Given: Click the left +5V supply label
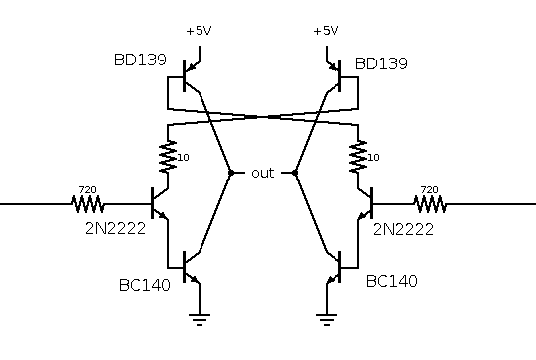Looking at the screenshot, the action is pos(199,31).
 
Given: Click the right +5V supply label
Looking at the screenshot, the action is pos(326,31).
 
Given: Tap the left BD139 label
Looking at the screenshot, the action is pos(140,60).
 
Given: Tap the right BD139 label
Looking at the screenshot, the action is pos(381,63).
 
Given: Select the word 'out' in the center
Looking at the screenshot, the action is pos(262,173).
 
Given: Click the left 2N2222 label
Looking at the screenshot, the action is pos(115,228).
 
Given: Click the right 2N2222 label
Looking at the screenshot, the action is pos(403,229).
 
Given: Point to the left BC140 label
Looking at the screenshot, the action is pos(145,285).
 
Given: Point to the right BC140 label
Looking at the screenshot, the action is pos(392,281).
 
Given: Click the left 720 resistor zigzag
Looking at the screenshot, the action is pos(88,204).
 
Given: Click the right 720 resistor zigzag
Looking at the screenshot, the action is pos(430,204).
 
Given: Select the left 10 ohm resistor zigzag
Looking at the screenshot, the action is pos(168,157).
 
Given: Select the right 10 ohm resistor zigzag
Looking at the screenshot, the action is pos(358,157).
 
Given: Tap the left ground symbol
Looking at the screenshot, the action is pos(200,320).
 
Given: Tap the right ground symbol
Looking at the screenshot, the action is pos(327,320).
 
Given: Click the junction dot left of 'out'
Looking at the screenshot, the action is pos(231,173).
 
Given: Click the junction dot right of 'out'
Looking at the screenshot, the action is pos(295,173).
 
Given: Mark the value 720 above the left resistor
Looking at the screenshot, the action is pos(88,189).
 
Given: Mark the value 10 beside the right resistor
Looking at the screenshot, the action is pos(373,157).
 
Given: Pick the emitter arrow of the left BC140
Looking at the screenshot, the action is pos(194,279).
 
